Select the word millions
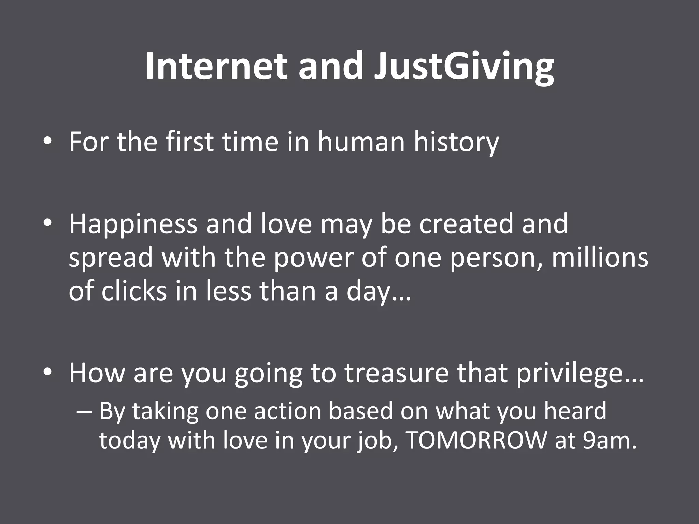tap(600, 258)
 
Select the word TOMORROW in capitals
tap(477, 440)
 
